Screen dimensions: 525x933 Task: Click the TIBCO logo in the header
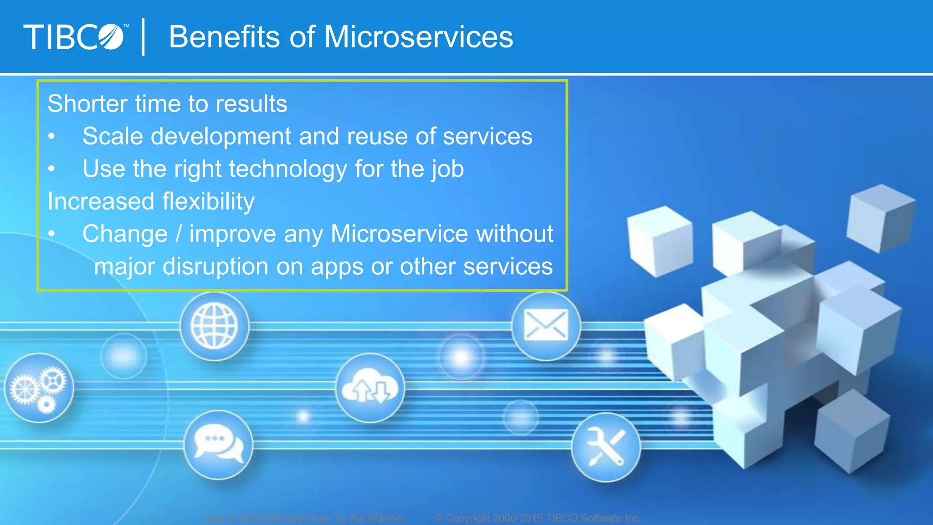[74, 37]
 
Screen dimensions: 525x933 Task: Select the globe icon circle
[215, 326]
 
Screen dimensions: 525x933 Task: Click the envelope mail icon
[546, 326]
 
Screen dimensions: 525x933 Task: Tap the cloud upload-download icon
[370, 388]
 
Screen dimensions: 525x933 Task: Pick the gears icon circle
[39, 388]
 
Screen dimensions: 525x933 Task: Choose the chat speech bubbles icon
[219, 445]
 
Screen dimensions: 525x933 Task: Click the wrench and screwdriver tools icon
[606, 447]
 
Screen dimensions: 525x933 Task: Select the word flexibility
[208, 201]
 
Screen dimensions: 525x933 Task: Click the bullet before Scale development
[52, 136]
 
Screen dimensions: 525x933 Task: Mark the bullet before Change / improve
[52, 234]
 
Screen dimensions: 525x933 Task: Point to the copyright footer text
[538, 518]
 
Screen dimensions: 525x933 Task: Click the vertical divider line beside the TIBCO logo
[144, 37]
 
